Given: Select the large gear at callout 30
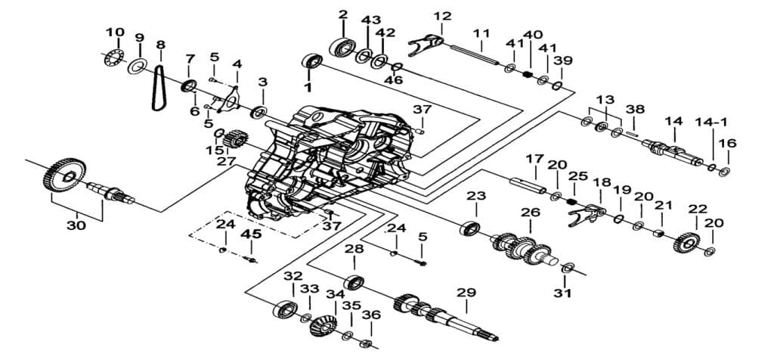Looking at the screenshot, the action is click(64, 175).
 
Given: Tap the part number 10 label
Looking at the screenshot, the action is click(115, 33).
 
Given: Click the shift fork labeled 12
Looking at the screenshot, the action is click(425, 42).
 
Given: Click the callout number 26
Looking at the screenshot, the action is click(530, 213).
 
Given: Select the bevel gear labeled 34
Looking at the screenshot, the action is click(324, 325).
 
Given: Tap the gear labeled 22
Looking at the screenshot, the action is click(686, 243).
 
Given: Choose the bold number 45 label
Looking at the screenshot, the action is click(251, 234).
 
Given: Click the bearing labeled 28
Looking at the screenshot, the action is click(354, 282).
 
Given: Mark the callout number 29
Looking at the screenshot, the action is click(466, 293).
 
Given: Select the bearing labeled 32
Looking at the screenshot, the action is click(285, 309).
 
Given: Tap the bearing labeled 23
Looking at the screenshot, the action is click(469, 228).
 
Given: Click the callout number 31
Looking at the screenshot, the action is click(562, 293).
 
